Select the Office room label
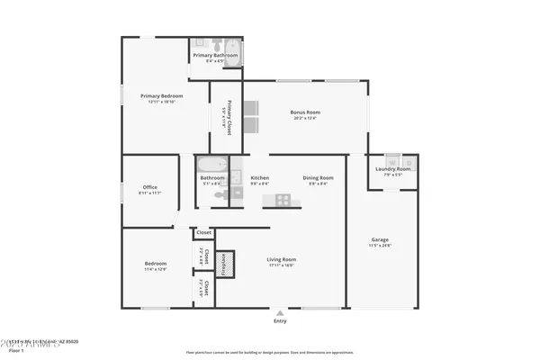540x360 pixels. pos(150,188)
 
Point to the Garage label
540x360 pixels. pos(380,239)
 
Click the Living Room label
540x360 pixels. pos(282,259)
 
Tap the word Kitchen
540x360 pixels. pos(260,177)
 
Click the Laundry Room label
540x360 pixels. pos(391,168)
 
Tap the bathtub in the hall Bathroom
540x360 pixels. pos(213,166)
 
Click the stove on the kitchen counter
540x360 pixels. pos(283,199)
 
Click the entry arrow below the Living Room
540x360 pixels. pos(281,313)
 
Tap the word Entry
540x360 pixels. pos(281,321)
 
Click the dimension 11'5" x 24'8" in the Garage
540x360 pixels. pos(380,246)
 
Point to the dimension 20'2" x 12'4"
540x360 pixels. pos(305,118)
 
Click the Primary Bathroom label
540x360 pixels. pos(215,55)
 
